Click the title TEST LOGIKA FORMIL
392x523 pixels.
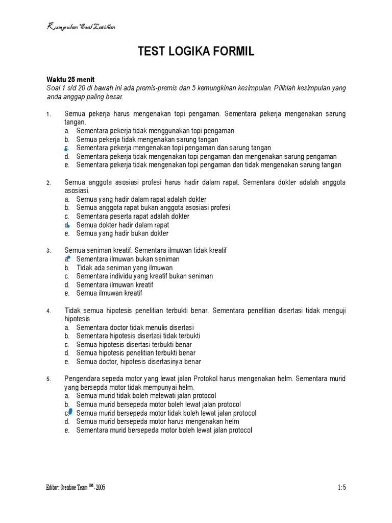(196, 52)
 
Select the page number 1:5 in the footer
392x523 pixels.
(341, 487)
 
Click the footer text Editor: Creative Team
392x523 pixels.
(76, 487)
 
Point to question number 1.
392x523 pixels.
(48, 114)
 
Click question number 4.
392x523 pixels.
(48, 311)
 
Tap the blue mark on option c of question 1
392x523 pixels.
(66, 149)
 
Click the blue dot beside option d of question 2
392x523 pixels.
(68, 225)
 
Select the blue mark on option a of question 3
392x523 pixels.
(68, 257)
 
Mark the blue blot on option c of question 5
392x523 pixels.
(70, 411)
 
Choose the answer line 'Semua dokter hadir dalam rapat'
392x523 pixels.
(122, 225)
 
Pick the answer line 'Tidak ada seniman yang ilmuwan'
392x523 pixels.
(125, 268)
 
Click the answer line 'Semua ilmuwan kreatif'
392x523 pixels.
(109, 293)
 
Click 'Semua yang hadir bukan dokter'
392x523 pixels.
(122, 233)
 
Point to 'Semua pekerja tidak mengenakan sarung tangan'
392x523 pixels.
(147, 139)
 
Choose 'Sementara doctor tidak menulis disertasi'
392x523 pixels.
(135, 327)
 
